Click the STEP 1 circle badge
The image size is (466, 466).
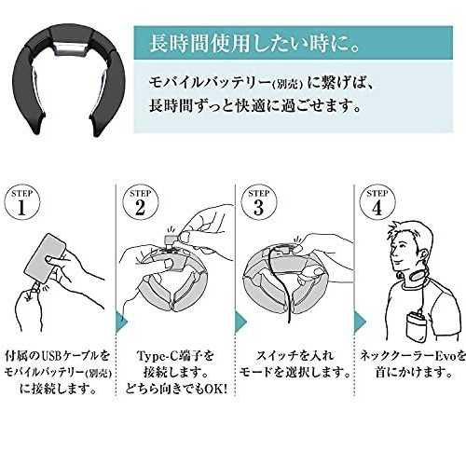[22, 202]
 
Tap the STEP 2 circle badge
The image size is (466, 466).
[141, 202]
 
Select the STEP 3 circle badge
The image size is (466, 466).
[259, 202]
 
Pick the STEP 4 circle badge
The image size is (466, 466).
[377, 202]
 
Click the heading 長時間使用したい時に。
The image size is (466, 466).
[254, 44]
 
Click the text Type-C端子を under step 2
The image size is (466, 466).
[176, 356]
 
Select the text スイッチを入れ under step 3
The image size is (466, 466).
[295, 356]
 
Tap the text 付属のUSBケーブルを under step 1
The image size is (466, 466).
[58, 356]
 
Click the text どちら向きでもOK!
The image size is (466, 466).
[176, 389]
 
